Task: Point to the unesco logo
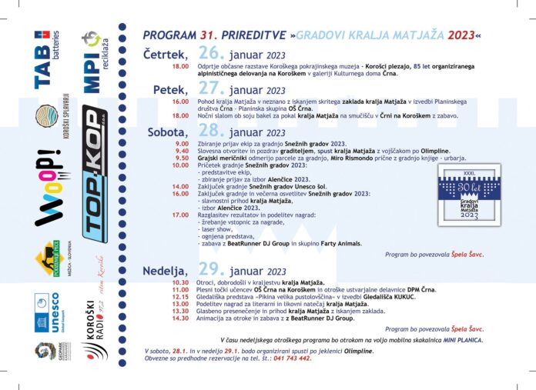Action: (x=50, y=313)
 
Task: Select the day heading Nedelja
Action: (x=166, y=271)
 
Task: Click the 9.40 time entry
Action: (x=183, y=151)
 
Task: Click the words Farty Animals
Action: (x=338, y=243)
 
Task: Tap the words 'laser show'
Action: (x=219, y=229)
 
